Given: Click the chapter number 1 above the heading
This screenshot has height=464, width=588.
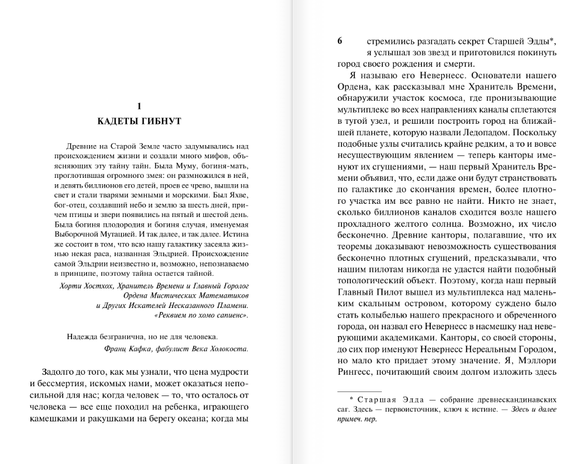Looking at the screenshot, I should click(139, 106).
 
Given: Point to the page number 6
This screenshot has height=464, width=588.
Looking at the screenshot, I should click(340, 41).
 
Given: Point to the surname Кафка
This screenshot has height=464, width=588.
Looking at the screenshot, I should click(146, 348).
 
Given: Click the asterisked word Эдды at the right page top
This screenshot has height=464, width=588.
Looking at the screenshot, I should click(541, 41).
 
